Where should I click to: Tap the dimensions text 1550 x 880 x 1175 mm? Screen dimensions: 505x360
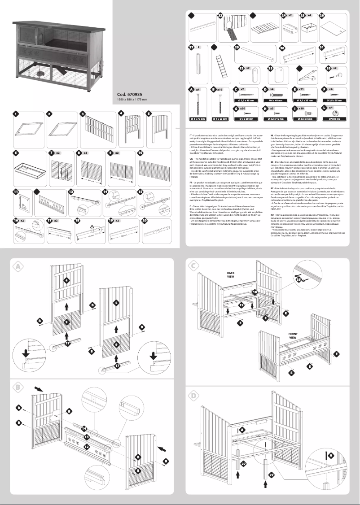coord(132,99)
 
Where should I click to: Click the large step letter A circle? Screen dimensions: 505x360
coord(18,266)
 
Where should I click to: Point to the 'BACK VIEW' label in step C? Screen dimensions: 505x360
coord(231,275)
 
